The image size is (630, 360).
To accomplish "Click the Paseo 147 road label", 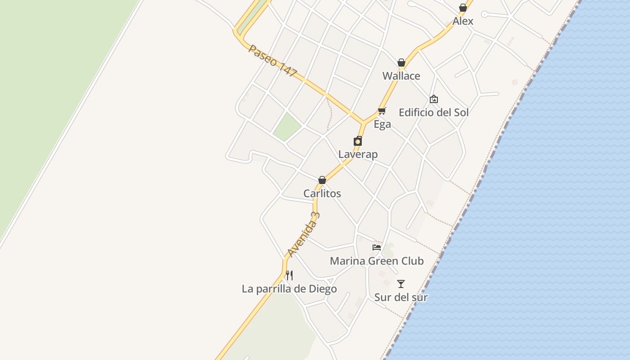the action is pyautogui.click(x=273, y=61).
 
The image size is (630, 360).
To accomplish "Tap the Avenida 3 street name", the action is pyautogui.click(x=304, y=234).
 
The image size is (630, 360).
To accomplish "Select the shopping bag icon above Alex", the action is pyautogui.click(x=463, y=8).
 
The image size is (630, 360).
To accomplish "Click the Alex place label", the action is pyautogui.click(x=463, y=21).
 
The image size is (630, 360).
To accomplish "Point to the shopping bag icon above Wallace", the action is pyautogui.click(x=401, y=63).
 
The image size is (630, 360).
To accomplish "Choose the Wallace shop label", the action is pyautogui.click(x=401, y=76).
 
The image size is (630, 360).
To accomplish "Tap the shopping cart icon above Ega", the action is pyautogui.click(x=382, y=111).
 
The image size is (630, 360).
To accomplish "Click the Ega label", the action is pyautogui.click(x=382, y=124).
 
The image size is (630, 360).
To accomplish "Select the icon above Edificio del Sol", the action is pyautogui.click(x=433, y=99).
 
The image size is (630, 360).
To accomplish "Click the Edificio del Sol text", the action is pyautogui.click(x=433, y=112).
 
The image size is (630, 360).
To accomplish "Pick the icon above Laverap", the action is pyautogui.click(x=358, y=141).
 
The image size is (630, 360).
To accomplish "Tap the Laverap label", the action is pyautogui.click(x=358, y=154).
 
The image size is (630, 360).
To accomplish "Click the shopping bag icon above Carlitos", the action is pyautogui.click(x=322, y=180).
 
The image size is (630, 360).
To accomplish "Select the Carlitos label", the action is pyautogui.click(x=322, y=193).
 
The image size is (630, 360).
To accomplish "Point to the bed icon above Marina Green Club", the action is pyautogui.click(x=377, y=247).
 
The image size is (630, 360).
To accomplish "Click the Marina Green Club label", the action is pyautogui.click(x=377, y=261).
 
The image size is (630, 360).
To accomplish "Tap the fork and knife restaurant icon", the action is pyautogui.click(x=289, y=275).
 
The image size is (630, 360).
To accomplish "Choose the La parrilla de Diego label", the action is pyautogui.click(x=289, y=289).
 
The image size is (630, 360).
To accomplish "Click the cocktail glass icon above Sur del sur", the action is pyautogui.click(x=401, y=284).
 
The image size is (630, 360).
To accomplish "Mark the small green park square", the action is pyautogui.click(x=287, y=126).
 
